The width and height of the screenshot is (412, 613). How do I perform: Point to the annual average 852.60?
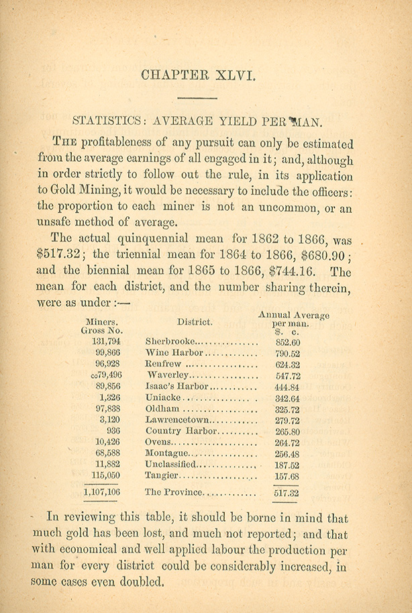tap(287, 341)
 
